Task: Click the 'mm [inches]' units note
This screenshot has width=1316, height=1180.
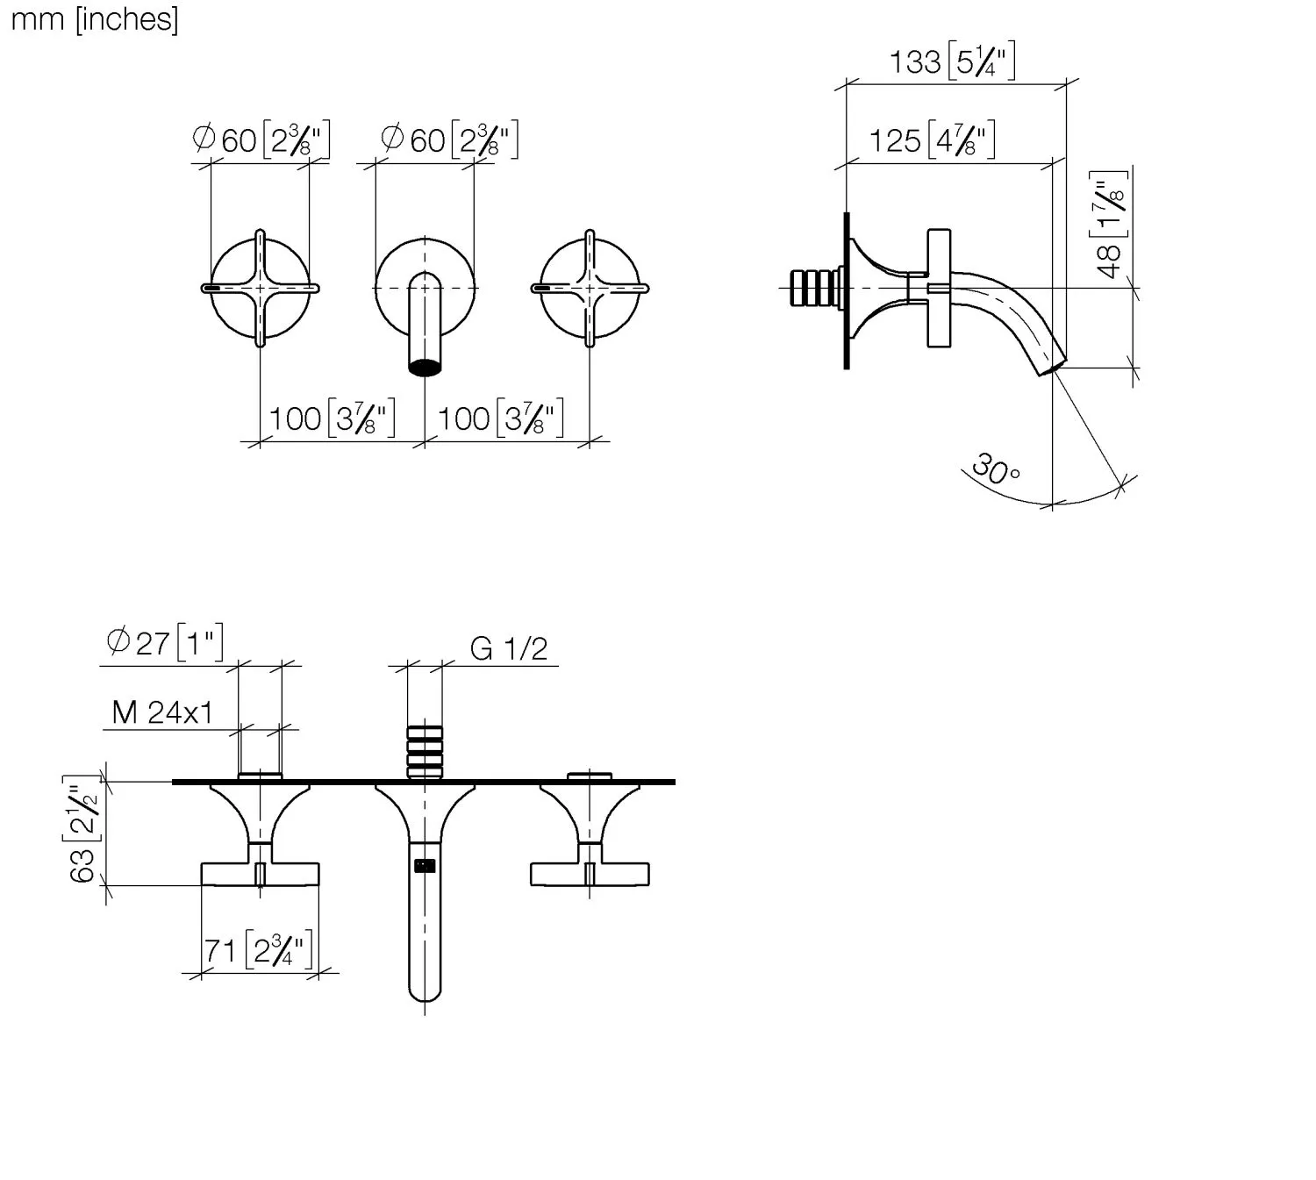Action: coord(95,20)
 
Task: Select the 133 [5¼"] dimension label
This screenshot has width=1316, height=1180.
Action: coord(952,61)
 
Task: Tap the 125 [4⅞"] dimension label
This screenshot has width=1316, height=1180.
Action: coord(932,139)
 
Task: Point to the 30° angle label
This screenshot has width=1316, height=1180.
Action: coord(995,468)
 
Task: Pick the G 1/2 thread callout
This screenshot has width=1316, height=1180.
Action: coord(509,648)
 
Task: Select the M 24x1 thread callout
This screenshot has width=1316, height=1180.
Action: coord(162,712)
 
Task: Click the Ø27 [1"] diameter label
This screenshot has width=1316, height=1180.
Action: coord(165,642)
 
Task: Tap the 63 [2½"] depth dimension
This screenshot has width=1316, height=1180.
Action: coord(82,829)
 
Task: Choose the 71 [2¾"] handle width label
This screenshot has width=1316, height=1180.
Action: coord(259,951)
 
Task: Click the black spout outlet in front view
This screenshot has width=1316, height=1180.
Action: coord(425,367)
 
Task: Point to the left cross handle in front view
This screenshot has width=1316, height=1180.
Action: coord(260,288)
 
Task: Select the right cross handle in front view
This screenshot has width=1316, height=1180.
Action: coord(590,288)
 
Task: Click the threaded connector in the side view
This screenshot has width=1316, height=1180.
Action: coord(815,288)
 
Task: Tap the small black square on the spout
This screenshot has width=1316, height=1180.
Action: coord(425,866)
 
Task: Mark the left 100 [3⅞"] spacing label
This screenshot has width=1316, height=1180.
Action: coord(332,418)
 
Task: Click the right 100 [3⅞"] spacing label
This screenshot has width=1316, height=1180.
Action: coord(500,418)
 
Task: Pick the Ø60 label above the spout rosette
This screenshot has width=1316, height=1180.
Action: coord(449,139)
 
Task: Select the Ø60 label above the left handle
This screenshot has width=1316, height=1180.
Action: coord(261,139)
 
